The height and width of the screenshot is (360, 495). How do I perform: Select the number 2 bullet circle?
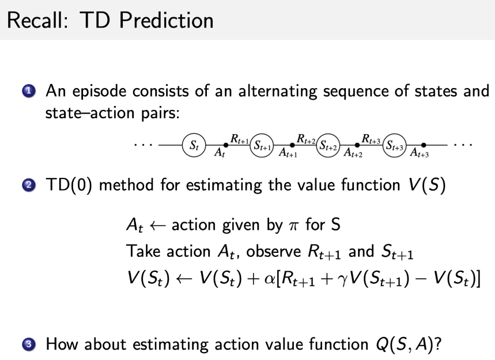tap(29, 186)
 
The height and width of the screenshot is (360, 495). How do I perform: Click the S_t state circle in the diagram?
tap(192, 145)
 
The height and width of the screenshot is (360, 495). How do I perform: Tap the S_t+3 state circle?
tap(395, 145)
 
